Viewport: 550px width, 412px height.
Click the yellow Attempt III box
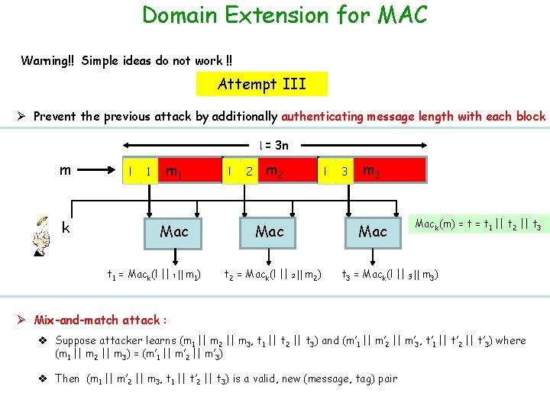point(261,84)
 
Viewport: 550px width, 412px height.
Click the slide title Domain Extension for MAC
point(285,14)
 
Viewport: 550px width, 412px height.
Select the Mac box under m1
point(174,230)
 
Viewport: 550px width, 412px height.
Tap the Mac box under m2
point(269,230)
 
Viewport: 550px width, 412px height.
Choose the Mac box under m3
point(373,230)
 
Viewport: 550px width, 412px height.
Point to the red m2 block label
point(274,171)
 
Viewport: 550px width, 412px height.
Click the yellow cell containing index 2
point(249,172)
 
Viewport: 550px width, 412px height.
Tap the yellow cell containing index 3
point(345,172)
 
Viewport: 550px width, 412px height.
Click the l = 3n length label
point(273,145)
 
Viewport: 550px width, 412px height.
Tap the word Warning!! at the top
point(48,60)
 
